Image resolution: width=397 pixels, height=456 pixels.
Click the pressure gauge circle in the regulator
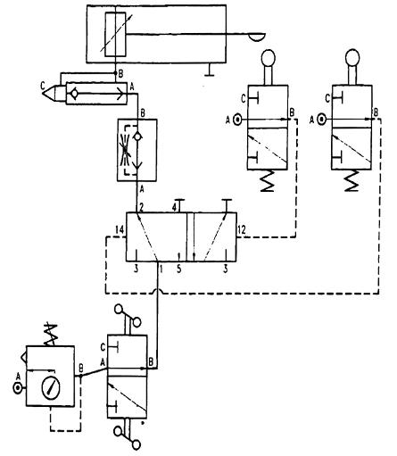point(51,387)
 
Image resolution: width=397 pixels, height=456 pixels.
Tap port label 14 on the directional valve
point(120,229)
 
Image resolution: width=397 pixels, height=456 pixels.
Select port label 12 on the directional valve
point(242,229)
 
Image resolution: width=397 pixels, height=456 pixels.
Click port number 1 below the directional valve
point(161,269)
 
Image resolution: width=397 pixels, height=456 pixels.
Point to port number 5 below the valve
point(178,269)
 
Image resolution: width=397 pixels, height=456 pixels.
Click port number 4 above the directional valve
point(176,207)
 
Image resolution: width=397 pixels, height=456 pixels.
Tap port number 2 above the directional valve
point(142,207)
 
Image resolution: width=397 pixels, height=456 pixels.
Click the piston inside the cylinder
point(115,35)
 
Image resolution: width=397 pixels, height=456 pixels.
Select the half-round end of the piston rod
point(256,37)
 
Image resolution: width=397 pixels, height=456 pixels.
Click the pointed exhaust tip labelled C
point(49,94)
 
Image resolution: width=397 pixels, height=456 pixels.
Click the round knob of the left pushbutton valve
point(268,57)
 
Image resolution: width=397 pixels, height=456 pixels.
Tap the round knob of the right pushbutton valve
point(352,57)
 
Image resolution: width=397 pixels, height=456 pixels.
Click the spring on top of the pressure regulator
point(51,334)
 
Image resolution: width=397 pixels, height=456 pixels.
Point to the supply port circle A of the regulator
point(18,388)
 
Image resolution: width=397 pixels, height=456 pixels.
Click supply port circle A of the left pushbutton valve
point(237,120)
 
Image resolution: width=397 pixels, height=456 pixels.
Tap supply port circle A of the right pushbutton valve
point(321,120)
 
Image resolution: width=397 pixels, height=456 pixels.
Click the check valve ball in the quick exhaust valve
point(74,94)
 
